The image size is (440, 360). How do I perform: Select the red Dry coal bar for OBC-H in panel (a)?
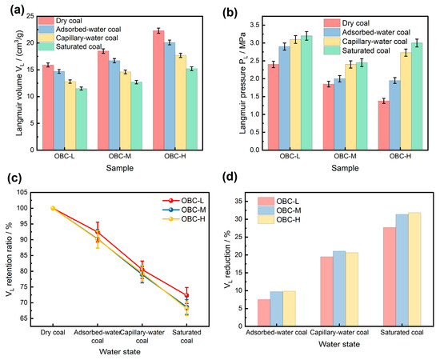coord(158,90)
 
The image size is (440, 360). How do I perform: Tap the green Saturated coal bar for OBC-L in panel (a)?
coord(82,119)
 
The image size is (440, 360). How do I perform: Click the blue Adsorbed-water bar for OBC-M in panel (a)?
coord(114,106)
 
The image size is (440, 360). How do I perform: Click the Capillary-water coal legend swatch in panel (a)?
coord(46,38)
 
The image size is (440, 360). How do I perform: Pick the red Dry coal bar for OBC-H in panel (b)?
coord(383,126)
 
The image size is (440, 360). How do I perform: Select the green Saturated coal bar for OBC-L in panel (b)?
coord(306,93)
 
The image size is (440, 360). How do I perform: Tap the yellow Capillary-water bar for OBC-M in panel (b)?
coord(350,107)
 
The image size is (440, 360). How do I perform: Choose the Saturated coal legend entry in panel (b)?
coord(357,50)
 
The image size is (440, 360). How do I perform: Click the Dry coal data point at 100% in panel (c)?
coord(53,208)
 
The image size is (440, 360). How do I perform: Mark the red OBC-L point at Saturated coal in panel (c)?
coord(186,295)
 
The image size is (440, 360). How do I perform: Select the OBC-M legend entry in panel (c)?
coord(184,210)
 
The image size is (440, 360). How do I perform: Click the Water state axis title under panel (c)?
coord(120,351)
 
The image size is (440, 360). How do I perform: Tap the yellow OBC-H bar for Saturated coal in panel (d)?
coord(414,270)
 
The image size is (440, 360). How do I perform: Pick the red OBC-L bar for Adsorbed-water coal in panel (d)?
coord(264,313)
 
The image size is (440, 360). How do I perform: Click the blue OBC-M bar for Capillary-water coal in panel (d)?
coord(339,289)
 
